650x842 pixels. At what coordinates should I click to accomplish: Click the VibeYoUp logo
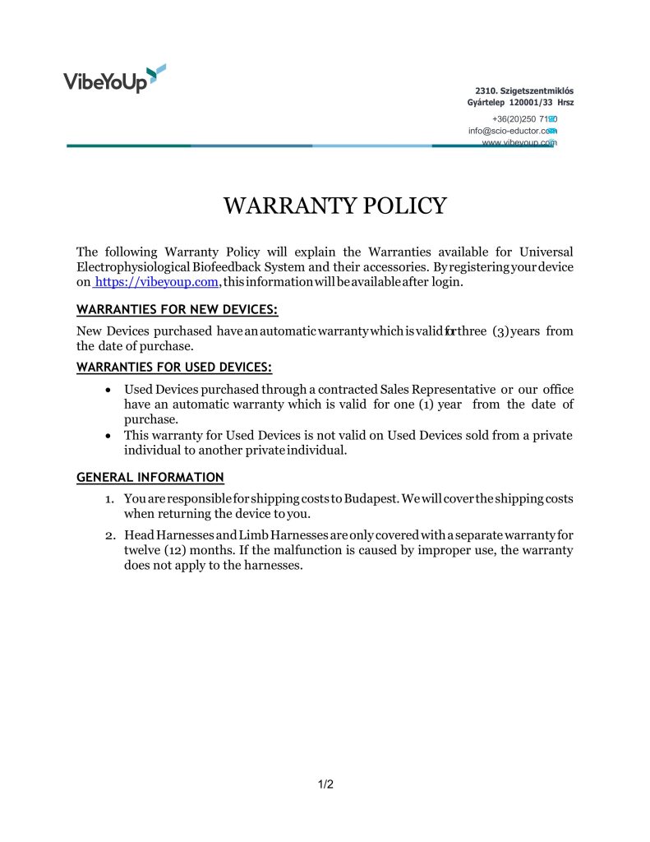(x=114, y=79)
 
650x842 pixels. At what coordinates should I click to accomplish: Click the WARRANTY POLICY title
(x=334, y=206)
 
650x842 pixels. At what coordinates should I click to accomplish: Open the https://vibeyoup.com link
(x=156, y=282)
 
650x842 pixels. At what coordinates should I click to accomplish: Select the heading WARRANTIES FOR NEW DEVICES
(x=177, y=310)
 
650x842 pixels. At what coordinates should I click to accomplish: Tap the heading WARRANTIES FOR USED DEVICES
(x=173, y=367)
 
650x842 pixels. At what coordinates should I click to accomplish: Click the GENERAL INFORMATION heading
(x=150, y=477)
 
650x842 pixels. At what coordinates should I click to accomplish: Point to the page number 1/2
(x=325, y=784)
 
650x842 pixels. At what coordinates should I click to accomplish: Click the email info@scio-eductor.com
(x=511, y=131)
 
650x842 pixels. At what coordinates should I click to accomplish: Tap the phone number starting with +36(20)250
(x=524, y=119)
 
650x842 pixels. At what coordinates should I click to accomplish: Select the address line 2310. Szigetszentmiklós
(x=523, y=90)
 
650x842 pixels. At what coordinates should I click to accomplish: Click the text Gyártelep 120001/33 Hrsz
(x=520, y=103)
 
